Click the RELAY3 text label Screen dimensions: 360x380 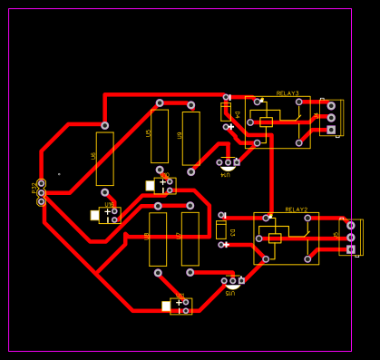click(x=287, y=92)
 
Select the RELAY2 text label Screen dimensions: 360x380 click(x=297, y=209)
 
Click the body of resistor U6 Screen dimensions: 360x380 click(x=105, y=159)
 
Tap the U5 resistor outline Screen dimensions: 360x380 click(x=160, y=136)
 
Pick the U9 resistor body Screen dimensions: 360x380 click(x=190, y=138)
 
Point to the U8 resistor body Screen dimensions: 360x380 click(x=158, y=238)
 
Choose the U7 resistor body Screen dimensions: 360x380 click(x=190, y=238)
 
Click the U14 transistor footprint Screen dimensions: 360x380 click(x=228, y=163)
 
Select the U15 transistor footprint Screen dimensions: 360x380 click(x=232, y=281)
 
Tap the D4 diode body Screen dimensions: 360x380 click(x=226, y=112)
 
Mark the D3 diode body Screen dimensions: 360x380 click(x=221, y=230)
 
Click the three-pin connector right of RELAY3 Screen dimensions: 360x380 click(x=331, y=117)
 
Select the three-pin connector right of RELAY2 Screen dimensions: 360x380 click(x=351, y=237)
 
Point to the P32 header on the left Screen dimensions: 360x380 click(x=41, y=192)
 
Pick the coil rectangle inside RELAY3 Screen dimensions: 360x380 click(x=266, y=122)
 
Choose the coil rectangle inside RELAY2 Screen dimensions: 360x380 click(x=275, y=238)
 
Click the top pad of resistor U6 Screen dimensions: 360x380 click(x=105, y=125)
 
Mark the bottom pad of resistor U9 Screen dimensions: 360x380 click(x=190, y=170)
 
